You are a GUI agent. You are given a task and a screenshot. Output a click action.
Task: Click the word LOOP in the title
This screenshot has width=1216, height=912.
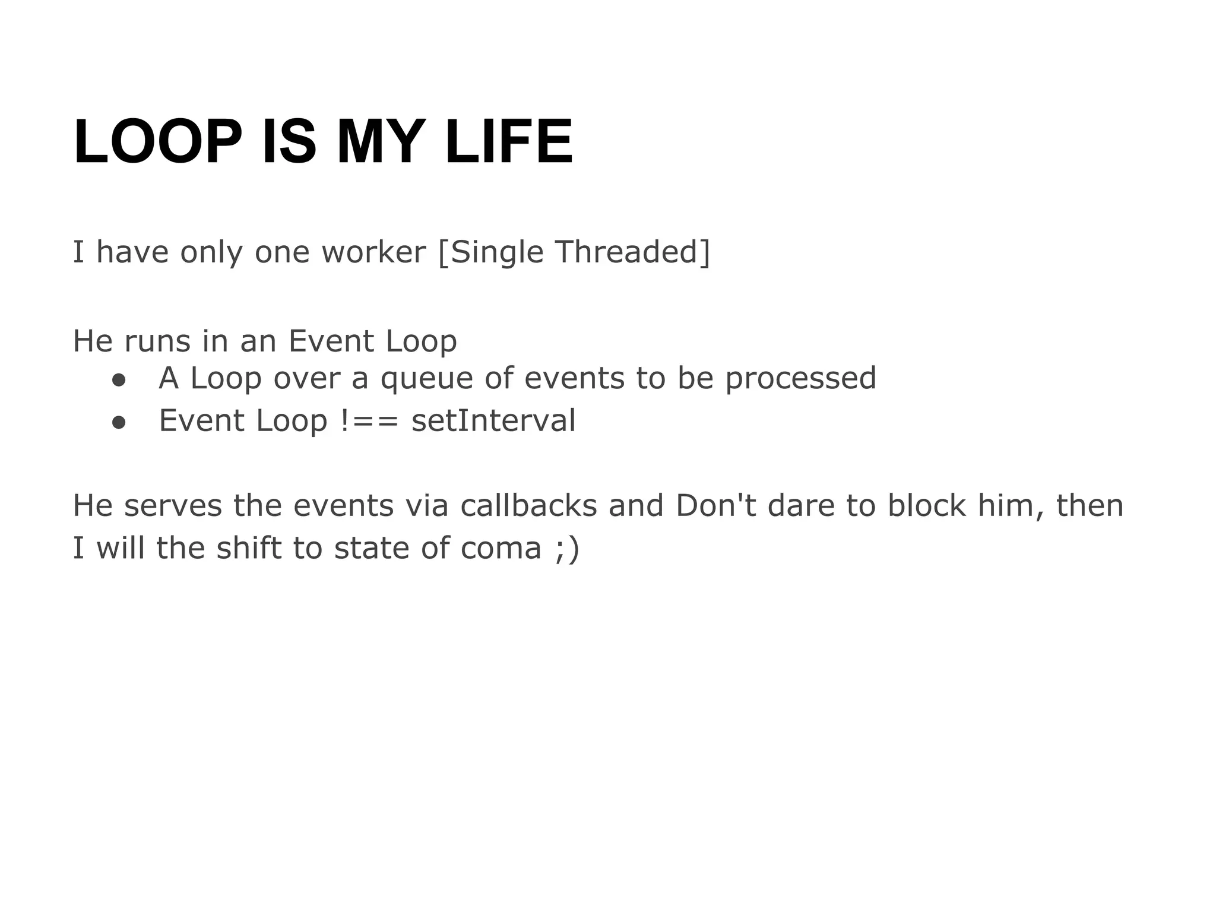157,142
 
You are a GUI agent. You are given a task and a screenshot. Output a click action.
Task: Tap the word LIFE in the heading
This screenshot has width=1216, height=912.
508,142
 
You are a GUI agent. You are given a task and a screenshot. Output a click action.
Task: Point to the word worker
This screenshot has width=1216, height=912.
373,252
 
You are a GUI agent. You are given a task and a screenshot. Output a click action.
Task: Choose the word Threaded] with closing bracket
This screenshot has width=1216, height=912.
632,252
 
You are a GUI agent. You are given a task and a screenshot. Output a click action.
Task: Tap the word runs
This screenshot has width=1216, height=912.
157,341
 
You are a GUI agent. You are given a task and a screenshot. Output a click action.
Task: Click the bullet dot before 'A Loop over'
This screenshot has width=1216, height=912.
119,380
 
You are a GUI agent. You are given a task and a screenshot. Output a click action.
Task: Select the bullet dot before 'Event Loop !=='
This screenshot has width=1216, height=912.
119,422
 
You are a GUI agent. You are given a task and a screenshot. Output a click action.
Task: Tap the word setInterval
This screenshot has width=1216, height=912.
493,421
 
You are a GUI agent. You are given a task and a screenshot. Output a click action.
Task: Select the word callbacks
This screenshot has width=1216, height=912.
528,506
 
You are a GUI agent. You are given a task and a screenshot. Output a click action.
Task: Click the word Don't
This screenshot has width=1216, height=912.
716,506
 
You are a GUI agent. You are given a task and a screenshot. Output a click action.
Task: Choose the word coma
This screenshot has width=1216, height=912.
501,548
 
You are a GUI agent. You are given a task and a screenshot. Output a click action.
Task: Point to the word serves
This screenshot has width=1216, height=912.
173,506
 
